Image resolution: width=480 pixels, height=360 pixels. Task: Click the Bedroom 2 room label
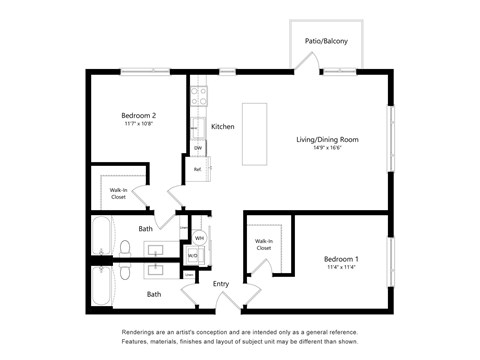[139, 115]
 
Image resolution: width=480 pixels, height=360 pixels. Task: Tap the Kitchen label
[222, 127]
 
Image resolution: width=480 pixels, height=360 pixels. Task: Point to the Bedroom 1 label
[341, 259]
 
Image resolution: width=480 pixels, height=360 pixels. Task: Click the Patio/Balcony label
[326, 41]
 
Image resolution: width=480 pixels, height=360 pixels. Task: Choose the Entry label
[221, 284]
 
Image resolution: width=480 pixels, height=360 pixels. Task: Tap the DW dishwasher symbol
[198, 147]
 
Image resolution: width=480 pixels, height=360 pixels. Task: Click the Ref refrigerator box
[198, 169]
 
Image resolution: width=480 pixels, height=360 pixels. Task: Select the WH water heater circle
[199, 238]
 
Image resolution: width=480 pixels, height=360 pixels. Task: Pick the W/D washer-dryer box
[193, 256]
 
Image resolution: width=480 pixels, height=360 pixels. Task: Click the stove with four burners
[198, 97]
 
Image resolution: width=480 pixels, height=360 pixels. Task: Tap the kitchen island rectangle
[255, 135]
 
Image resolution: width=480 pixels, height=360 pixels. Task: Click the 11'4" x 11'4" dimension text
[341, 268]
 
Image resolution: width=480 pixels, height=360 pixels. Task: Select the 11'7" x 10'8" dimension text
[139, 124]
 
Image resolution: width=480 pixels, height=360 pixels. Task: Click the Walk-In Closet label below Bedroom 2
[118, 193]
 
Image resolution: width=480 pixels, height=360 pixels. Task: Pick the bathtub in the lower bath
[102, 285]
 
